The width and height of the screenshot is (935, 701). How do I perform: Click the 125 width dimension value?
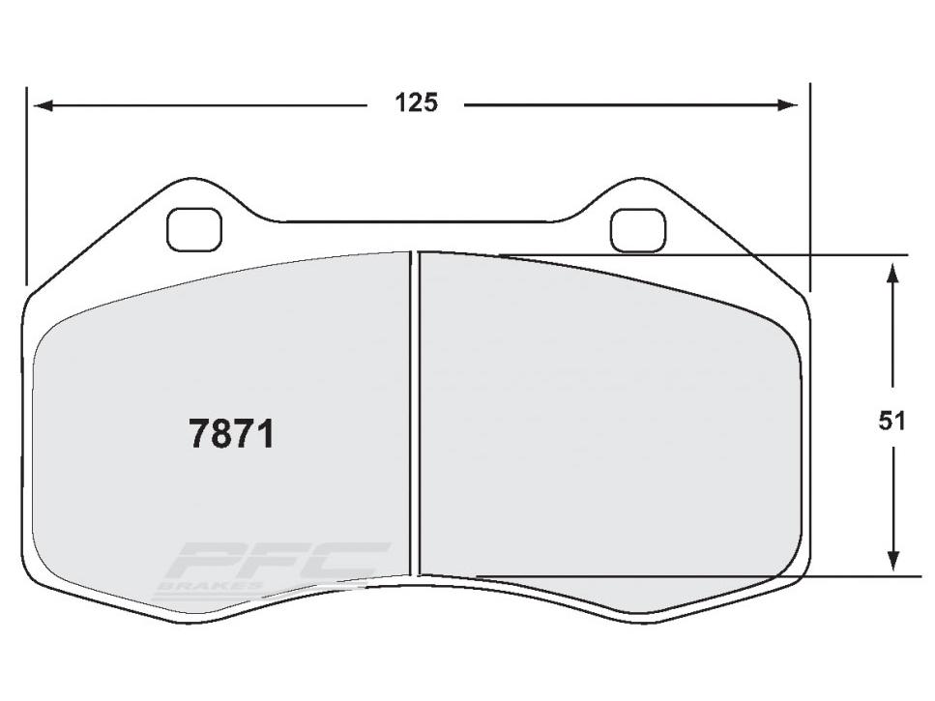(x=416, y=102)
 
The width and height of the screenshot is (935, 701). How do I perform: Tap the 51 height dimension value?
(x=891, y=421)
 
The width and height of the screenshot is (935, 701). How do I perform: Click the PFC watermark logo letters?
(x=276, y=560)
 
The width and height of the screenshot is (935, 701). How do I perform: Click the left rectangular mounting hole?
(x=194, y=228)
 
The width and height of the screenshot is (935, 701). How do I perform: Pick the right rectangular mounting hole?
(x=638, y=228)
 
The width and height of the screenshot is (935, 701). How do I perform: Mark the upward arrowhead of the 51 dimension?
(x=893, y=271)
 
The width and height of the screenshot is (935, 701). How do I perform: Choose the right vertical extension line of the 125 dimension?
(x=809, y=184)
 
